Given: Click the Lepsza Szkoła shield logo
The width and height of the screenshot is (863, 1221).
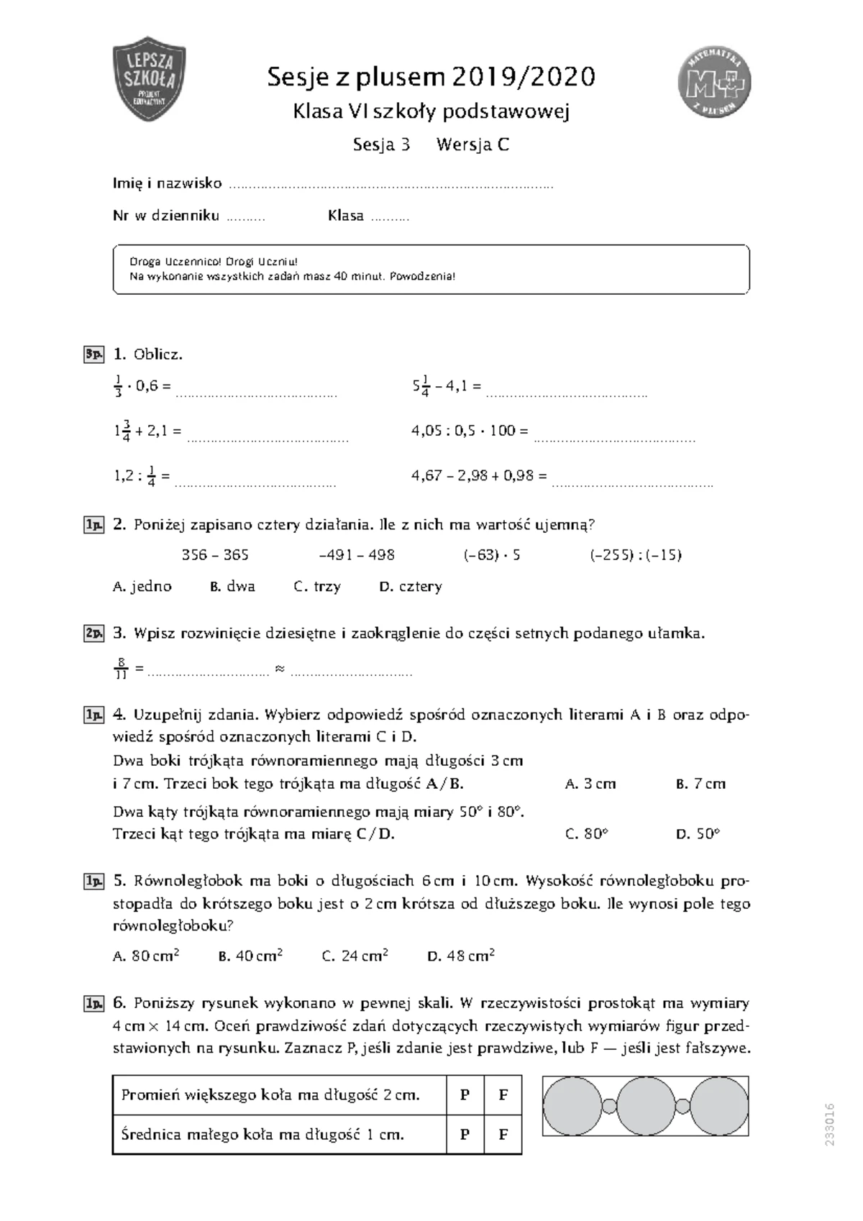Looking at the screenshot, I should [x=150, y=78].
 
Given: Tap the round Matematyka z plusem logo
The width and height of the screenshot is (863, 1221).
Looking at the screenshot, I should [x=714, y=81].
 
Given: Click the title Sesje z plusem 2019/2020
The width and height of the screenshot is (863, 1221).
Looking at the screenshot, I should [x=431, y=76].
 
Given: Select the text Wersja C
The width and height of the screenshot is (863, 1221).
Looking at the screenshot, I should [x=472, y=145].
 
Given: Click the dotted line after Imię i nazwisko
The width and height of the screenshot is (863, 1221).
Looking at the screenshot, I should [x=391, y=186].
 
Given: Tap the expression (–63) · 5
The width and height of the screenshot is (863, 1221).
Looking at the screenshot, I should [x=492, y=554].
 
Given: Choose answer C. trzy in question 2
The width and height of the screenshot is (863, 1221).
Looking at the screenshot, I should [x=317, y=586].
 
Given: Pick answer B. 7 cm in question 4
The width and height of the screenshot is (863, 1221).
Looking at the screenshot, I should [x=700, y=784].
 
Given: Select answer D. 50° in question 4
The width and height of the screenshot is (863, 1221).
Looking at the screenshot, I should [x=698, y=834].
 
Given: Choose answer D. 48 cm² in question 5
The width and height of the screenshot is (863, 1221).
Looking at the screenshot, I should [x=461, y=956].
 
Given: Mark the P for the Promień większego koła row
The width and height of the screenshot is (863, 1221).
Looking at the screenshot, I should [x=465, y=1095].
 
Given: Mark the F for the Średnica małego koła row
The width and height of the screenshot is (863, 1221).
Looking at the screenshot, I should [x=503, y=1135].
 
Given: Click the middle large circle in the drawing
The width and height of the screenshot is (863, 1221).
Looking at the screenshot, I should [x=644, y=1106].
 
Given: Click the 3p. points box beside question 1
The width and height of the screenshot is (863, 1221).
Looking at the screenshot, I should [x=93, y=354].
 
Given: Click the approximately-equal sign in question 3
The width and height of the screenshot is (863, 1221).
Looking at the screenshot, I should [x=280, y=669].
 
